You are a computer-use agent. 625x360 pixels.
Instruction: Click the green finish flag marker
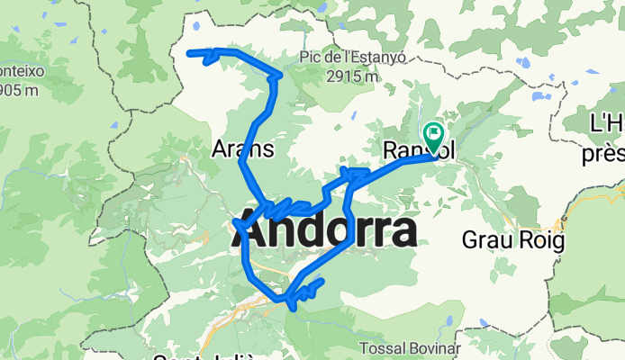[434, 138]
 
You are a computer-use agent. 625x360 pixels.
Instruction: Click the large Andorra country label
[328, 234]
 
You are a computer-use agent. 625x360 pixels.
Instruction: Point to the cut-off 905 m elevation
[19, 89]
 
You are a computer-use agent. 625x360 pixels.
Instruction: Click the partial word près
[602, 154]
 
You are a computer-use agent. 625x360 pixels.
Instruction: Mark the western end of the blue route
[189, 53]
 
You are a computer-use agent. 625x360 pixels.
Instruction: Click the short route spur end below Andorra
[321, 282]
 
